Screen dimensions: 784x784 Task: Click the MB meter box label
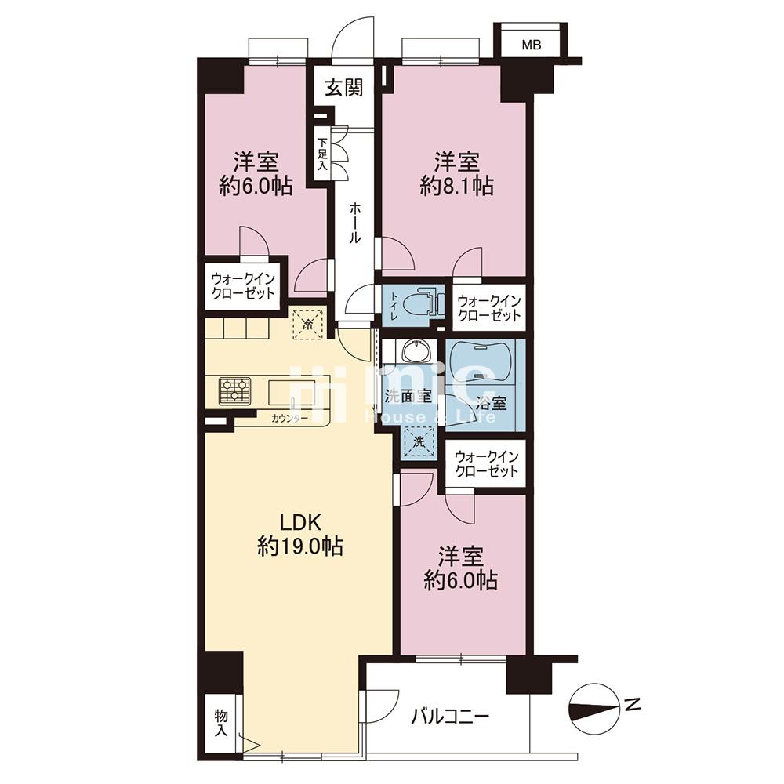point(531,45)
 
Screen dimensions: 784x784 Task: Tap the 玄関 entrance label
point(343,88)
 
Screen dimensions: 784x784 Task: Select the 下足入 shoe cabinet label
point(322,154)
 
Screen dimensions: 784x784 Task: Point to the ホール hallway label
point(354,223)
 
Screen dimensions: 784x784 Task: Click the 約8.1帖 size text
point(456,187)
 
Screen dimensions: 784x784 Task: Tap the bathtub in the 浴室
point(481,362)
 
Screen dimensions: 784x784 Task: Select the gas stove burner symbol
point(234,391)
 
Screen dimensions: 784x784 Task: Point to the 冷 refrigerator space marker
point(308,324)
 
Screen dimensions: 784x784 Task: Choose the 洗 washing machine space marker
point(419,442)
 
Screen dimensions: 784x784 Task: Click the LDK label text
point(299,523)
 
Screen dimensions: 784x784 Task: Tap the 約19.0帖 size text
point(300,546)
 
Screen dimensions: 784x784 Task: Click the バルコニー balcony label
point(450,717)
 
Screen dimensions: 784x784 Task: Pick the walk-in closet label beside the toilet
point(489,308)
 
